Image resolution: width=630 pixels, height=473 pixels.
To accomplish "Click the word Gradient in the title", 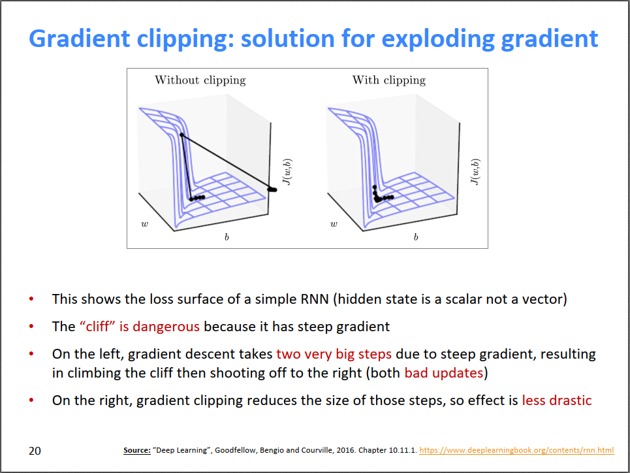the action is click(80, 39).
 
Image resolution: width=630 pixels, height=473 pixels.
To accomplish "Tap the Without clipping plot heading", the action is click(200, 80).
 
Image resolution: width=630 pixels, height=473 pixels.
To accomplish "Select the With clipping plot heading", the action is click(389, 80).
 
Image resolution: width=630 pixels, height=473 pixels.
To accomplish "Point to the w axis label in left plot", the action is click(145, 223).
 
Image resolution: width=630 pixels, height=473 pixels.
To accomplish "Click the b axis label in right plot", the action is click(416, 237).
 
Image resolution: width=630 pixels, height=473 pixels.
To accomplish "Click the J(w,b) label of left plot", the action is click(287, 172).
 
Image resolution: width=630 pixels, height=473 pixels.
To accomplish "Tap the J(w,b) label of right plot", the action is click(475, 172).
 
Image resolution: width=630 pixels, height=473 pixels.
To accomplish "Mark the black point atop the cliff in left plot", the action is click(181, 135).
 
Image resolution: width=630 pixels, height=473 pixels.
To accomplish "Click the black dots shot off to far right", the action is click(272, 189).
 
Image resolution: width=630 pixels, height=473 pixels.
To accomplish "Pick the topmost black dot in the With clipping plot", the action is click(375, 187).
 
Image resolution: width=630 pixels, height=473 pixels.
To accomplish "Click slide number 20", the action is click(35, 451).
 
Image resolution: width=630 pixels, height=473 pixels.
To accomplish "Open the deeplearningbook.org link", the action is click(516, 450).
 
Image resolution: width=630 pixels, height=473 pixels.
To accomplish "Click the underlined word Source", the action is click(137, 450).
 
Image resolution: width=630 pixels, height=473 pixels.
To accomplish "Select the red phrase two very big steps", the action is click(334, 354).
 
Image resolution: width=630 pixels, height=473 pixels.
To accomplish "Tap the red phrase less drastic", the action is click(557, 400).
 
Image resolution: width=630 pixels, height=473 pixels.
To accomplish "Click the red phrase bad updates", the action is click(443, 373).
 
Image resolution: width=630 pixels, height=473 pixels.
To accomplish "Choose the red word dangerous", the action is click(166, 327).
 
